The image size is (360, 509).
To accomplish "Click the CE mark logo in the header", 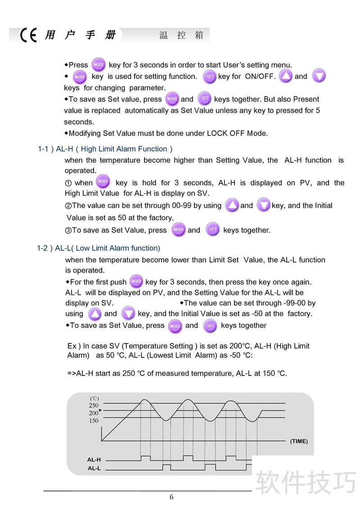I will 28,35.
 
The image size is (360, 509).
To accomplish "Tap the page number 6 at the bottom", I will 171,497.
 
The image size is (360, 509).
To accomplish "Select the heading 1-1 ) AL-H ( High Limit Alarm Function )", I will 105,149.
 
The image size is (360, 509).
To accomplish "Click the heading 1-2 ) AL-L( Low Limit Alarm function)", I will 99,248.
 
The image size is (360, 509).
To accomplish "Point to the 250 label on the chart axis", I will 94,405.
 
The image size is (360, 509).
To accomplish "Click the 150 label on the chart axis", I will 94,421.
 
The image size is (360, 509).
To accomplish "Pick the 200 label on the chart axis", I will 94,413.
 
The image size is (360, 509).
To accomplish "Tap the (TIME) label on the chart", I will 299,441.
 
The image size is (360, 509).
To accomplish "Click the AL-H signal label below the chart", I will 94,460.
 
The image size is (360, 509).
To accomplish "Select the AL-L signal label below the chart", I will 94,469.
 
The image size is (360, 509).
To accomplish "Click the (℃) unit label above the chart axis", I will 94,398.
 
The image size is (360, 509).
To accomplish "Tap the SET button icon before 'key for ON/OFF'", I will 210,76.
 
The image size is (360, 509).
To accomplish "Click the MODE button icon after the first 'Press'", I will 98,65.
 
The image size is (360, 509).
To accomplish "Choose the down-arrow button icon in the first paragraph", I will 319,76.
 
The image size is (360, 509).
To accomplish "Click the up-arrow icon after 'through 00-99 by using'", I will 232,205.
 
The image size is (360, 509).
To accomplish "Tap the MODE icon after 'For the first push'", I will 136,281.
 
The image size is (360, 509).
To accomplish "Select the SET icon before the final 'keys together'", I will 210,326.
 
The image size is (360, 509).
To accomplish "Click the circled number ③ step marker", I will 68,230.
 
